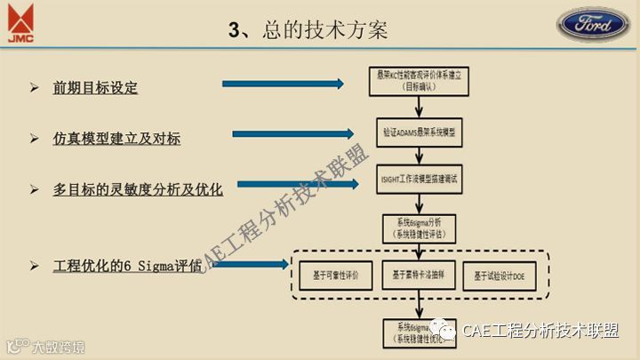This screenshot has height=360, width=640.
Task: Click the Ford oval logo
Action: point(594,23)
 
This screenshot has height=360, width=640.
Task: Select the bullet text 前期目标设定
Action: point(96,88)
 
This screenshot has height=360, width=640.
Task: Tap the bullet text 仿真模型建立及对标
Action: point(117,139)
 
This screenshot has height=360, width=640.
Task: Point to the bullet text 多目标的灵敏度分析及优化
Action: point(138,189)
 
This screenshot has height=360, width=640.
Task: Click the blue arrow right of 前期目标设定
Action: point(282,84)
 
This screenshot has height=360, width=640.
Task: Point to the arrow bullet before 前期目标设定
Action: point(34,88)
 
